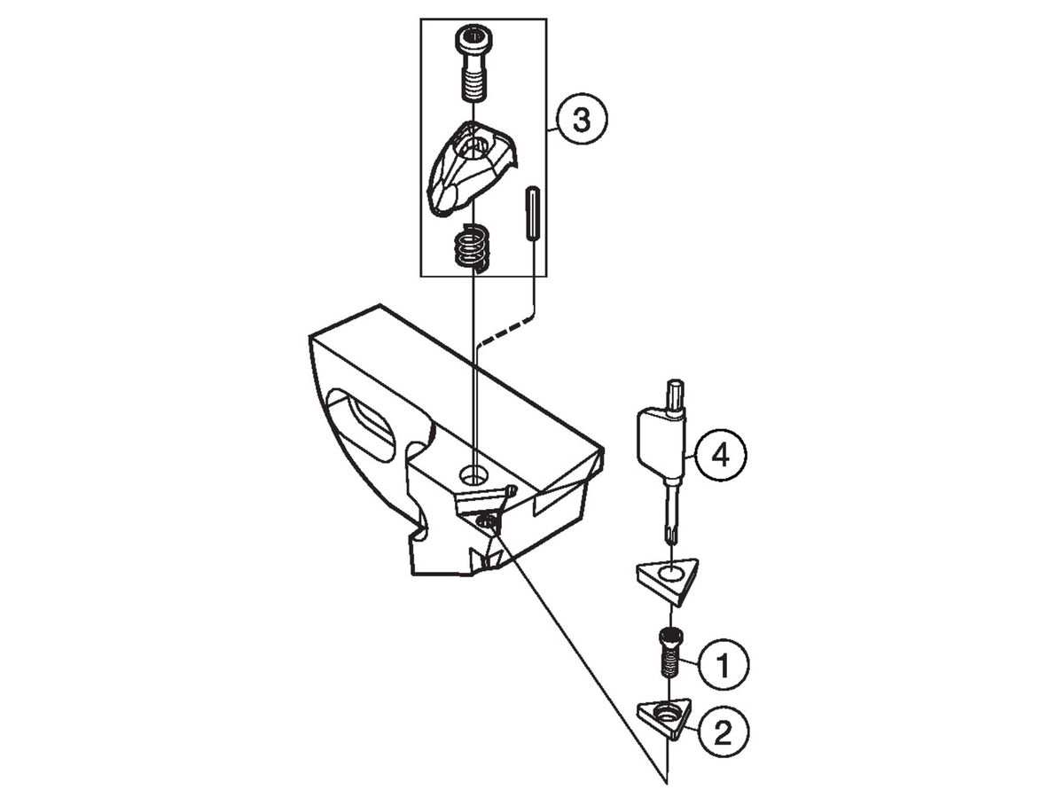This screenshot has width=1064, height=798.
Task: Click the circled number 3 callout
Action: [x=581, y=119]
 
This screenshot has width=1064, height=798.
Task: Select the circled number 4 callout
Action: [x=721, y=455]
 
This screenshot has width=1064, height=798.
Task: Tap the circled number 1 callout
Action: [x=723, y=664]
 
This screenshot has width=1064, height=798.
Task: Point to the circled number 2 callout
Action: [x=723, y=732]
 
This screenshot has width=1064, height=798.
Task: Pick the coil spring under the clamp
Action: [x=471, y=247]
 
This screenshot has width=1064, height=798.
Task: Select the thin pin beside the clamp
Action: [x=532, y=213]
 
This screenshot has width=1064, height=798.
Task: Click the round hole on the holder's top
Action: [x=474, y=474]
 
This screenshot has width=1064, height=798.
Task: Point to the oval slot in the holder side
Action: [x=363, y=425]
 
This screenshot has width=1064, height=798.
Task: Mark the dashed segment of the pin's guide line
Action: [x=505, y=331]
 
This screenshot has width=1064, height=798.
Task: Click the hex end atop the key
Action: [x=676, y=394]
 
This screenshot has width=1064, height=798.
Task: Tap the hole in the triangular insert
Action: [x=670, y=573]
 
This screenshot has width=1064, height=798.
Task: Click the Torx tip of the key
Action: [x=670, y=534]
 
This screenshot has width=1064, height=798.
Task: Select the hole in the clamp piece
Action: [x=475, y=147]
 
